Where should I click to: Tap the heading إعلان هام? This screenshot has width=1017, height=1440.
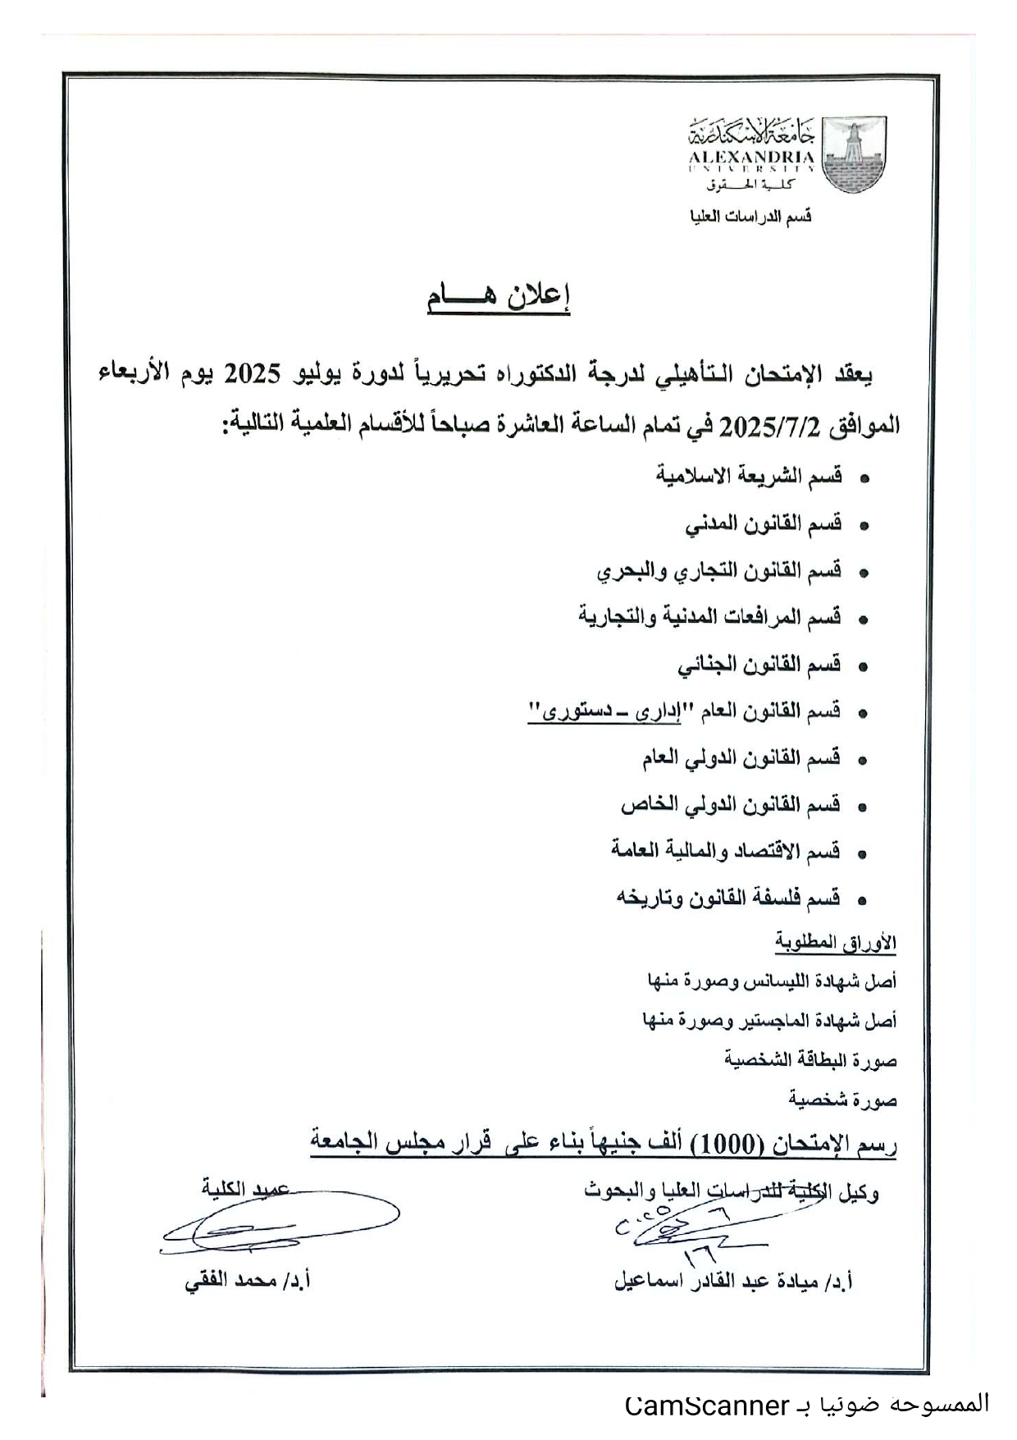coord(498,297)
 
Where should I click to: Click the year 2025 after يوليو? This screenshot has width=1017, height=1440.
coord(253,374)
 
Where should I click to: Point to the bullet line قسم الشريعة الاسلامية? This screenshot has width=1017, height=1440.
coord(749,476)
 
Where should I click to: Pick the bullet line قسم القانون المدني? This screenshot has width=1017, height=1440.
coord(764,523)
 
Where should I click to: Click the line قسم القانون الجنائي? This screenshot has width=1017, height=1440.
coord(759,665)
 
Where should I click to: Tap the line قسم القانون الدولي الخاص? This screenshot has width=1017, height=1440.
coord(730,806)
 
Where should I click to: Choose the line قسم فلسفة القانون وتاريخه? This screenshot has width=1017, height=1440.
coord(728,898)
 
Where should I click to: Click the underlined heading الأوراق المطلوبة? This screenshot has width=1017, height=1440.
coord(836,943)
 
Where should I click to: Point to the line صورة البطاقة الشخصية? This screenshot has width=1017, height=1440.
coord(810,1059)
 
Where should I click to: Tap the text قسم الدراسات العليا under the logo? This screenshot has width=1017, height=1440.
coord(750,217)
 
